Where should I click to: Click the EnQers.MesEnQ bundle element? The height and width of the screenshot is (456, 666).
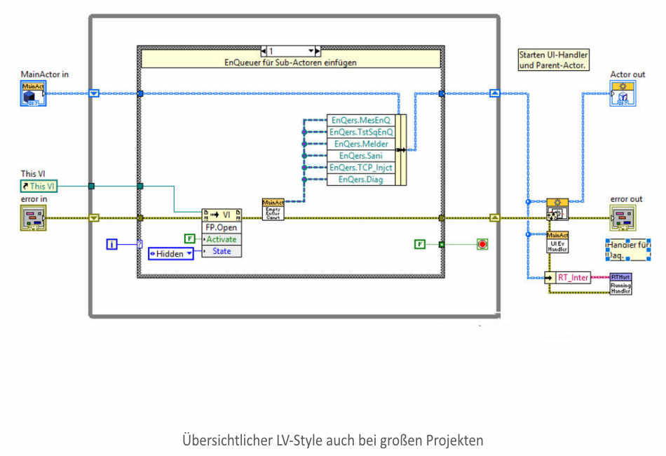coord(361,120)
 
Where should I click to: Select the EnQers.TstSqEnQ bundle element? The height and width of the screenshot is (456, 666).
coord(361,132)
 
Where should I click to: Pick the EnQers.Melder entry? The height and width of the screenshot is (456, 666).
coord(361,144)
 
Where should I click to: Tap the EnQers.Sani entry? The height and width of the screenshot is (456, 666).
coord(361,156)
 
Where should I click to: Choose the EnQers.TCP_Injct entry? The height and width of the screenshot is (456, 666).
coord(361,168)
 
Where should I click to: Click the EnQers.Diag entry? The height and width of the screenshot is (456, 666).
coord(361,180)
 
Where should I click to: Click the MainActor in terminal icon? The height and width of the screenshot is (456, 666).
coord(33,93)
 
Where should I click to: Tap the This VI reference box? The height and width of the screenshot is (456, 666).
coord(39,186)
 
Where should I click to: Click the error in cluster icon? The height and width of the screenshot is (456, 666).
coord(33,217)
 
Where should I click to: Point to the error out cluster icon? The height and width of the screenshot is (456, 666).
coord(622,218)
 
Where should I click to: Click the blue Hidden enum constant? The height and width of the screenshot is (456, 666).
coord(170,254)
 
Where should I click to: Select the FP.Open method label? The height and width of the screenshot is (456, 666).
coord(221,227)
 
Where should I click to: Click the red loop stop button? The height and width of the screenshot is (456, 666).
coord(482,244)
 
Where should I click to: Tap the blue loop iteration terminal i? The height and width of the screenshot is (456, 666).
coord(112,244)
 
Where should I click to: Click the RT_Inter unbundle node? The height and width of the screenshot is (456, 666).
coord(573,277)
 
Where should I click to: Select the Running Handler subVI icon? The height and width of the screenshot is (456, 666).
coord(620,283)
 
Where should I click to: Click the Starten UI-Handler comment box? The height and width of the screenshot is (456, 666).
coord(553,60)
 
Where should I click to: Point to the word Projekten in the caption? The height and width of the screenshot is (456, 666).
coord(458,441)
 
